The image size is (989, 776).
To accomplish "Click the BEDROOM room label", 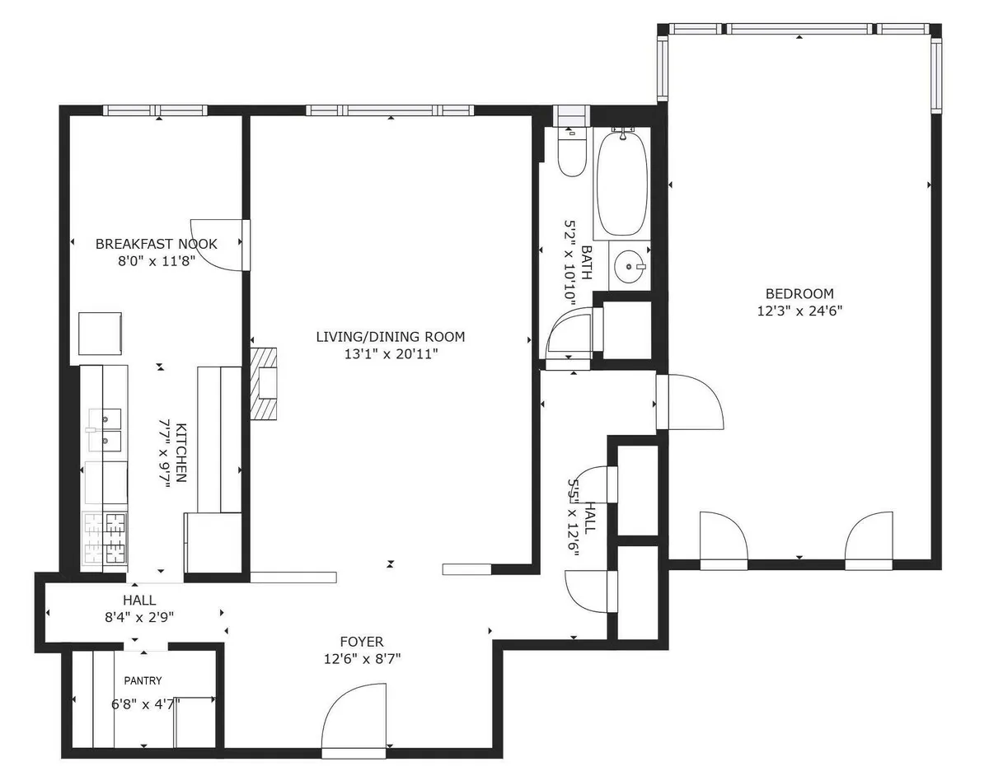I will tap(799, 293).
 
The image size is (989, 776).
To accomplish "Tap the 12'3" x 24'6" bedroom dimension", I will tap(799, 311).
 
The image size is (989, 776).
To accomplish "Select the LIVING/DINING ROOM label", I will tap(391, 336).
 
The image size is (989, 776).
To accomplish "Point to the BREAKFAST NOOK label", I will tap(157, 244).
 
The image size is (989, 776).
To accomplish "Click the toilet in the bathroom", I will tap(570, 152).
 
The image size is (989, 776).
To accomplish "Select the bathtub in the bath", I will tap(622, 183).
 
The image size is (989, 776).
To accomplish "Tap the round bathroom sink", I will tap(630, 266).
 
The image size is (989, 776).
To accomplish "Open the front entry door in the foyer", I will tap(353, 721).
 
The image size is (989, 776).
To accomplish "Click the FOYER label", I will tap(362, 642).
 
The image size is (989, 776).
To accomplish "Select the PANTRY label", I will tap(143, 680).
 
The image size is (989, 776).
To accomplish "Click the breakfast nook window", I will tap(155, 110).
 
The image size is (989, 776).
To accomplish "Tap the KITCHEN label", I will tap(181, 453).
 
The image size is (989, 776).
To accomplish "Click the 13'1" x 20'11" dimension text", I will tap(391, 354).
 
